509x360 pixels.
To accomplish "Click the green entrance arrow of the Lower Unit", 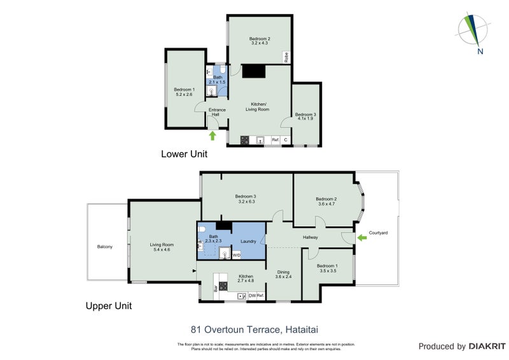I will (213, 135).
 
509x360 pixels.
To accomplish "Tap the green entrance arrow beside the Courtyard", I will (362, 237).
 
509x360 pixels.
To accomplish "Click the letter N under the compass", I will (480, 52).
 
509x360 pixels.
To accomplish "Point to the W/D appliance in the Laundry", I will (237, 255).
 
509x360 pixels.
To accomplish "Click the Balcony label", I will (105, 246).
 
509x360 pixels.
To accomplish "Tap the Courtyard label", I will (377, 233).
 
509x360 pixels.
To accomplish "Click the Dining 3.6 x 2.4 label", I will (283, 274).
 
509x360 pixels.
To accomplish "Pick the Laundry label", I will (248, 241).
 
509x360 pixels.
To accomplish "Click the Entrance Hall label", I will (218, 112).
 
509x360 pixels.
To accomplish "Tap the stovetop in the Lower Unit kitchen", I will (244, 140).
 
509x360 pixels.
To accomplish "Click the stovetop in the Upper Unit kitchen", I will (223, 285).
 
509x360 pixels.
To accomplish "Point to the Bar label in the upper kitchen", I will (216, 288).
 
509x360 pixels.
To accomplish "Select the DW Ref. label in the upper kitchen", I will (256, 296).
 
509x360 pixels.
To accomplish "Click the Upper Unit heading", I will (108, 306).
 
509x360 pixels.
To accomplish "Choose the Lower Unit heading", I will (184, 154).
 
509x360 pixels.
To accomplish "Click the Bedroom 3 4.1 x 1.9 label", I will (305, 116).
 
